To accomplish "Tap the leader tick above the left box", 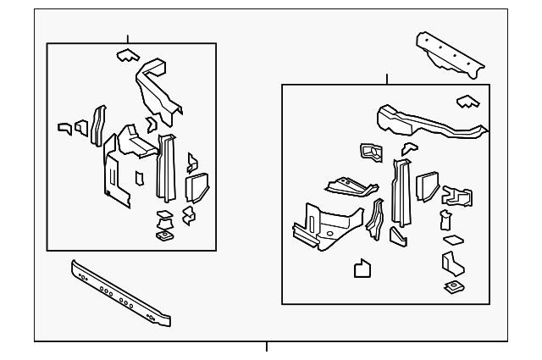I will coord(127,39).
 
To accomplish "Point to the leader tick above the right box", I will coord(387,80).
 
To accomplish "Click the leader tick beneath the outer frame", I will coord(267,346).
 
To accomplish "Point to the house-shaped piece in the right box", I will coord(362,269).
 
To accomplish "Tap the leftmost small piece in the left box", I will coord(64,128).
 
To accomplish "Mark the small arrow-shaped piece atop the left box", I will coord(126,56).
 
